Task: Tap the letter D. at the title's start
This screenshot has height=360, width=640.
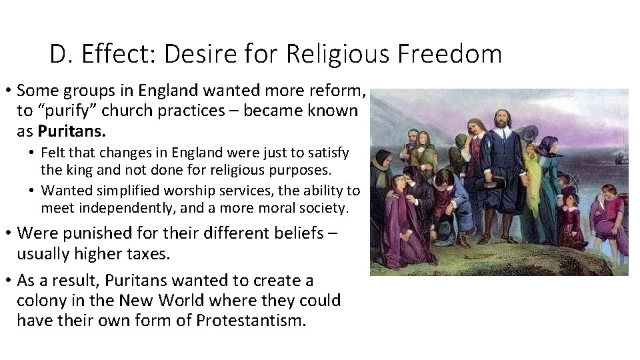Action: (x=60, y=54)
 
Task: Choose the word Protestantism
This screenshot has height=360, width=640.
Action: (x=251, y=320)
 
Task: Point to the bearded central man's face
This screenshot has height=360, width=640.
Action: (x=501, y=121)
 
